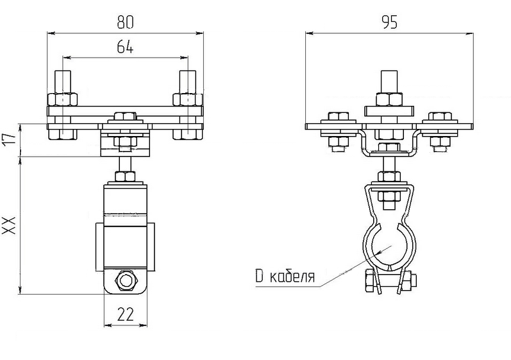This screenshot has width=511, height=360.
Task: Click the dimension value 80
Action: pyautogui.click(x=126, y=22)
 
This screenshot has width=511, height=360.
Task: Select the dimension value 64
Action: pyautogui.click(x=126, y=47)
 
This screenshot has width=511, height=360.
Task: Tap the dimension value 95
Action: pyautogui.click(x=389, y=22)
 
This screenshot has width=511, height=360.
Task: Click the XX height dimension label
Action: pyautogui.click(x=9, y=225)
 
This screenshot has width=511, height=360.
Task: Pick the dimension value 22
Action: pyautogui.click(x=126, y=315)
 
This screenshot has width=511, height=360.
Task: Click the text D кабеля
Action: pyautogui.click(x=285, y=277)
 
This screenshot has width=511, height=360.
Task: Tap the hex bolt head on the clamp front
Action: pyautogui.click(x=126, y=280)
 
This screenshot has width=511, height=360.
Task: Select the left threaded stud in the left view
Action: pyautogui.click(x=63, y=81)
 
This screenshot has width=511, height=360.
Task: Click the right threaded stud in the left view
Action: pyautogui.click(x=188, y=81)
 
